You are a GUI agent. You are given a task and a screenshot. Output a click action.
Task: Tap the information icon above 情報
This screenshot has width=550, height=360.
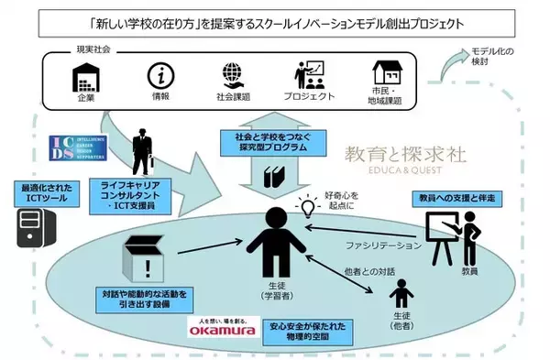coord(161,75)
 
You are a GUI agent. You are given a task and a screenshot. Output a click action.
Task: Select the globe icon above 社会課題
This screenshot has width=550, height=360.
coord(233,75)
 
